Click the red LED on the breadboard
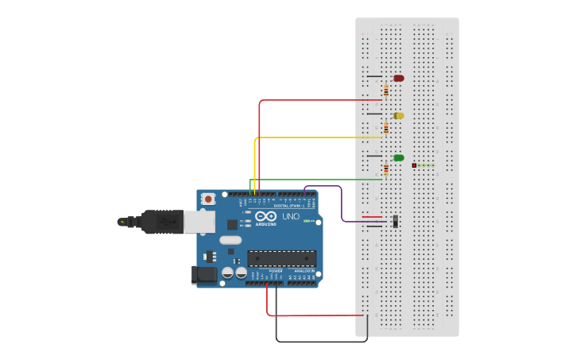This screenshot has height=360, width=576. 398,78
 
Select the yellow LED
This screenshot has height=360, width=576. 399,115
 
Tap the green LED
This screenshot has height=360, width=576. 399,157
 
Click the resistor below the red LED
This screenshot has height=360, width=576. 386,91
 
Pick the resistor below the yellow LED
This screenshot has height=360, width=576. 386,127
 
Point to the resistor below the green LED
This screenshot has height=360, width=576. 386,168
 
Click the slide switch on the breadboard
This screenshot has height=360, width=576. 395,221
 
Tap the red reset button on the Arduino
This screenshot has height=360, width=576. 208,198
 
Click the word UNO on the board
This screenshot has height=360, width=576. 291,216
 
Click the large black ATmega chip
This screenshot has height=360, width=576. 281,258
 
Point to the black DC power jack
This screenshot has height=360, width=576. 203,275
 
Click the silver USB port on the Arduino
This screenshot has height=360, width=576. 199,221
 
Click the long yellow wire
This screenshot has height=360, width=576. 318,137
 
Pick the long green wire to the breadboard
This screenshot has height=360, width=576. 318,180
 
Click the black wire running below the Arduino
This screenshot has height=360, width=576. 318,342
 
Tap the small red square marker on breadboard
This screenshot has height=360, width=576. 414,165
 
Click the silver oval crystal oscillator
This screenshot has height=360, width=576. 230,240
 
